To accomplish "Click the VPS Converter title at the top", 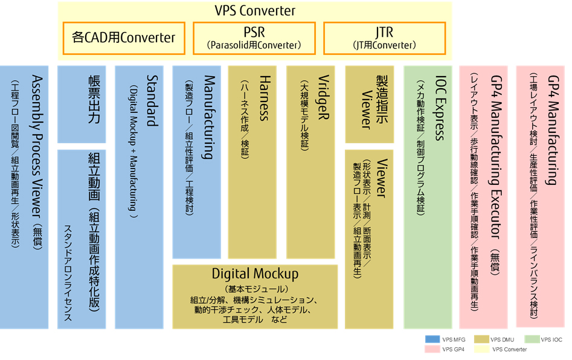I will (x=255, y=10).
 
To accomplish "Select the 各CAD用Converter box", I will (x=124, y=37).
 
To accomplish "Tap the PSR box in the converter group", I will (x=254, y=37).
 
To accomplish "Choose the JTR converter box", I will (x=385, y=37).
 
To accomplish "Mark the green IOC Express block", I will (x=428, y=197).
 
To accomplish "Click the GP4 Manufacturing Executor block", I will (x=483, y=197).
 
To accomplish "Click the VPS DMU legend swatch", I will (x=481, y=339).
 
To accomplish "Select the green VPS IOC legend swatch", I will (x=531, y=339).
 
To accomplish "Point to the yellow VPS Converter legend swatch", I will (x=481, y=349).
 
